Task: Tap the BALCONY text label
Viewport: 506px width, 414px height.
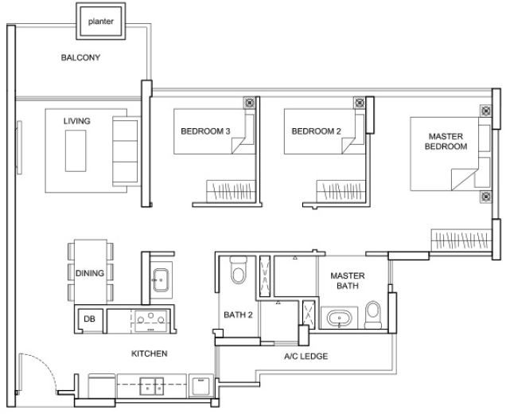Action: (81, 58)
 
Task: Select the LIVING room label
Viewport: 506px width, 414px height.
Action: (77, 121)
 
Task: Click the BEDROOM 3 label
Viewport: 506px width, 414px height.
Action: (205, 131)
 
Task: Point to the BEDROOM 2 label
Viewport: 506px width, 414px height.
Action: (316, 131)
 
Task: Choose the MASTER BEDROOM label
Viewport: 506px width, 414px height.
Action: (445, 142)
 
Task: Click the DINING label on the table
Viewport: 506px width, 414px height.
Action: (90, 273)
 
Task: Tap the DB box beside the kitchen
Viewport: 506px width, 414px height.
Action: (88, 320)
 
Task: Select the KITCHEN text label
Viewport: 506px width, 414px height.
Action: (150, 353)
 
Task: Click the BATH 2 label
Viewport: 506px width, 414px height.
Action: (237, 315)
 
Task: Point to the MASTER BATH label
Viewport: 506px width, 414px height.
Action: (347, 280)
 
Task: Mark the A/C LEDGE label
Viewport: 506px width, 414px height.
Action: (306, 357)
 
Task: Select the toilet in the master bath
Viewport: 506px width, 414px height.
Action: (372, 314)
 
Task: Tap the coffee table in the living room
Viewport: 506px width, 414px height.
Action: (77, 150)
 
